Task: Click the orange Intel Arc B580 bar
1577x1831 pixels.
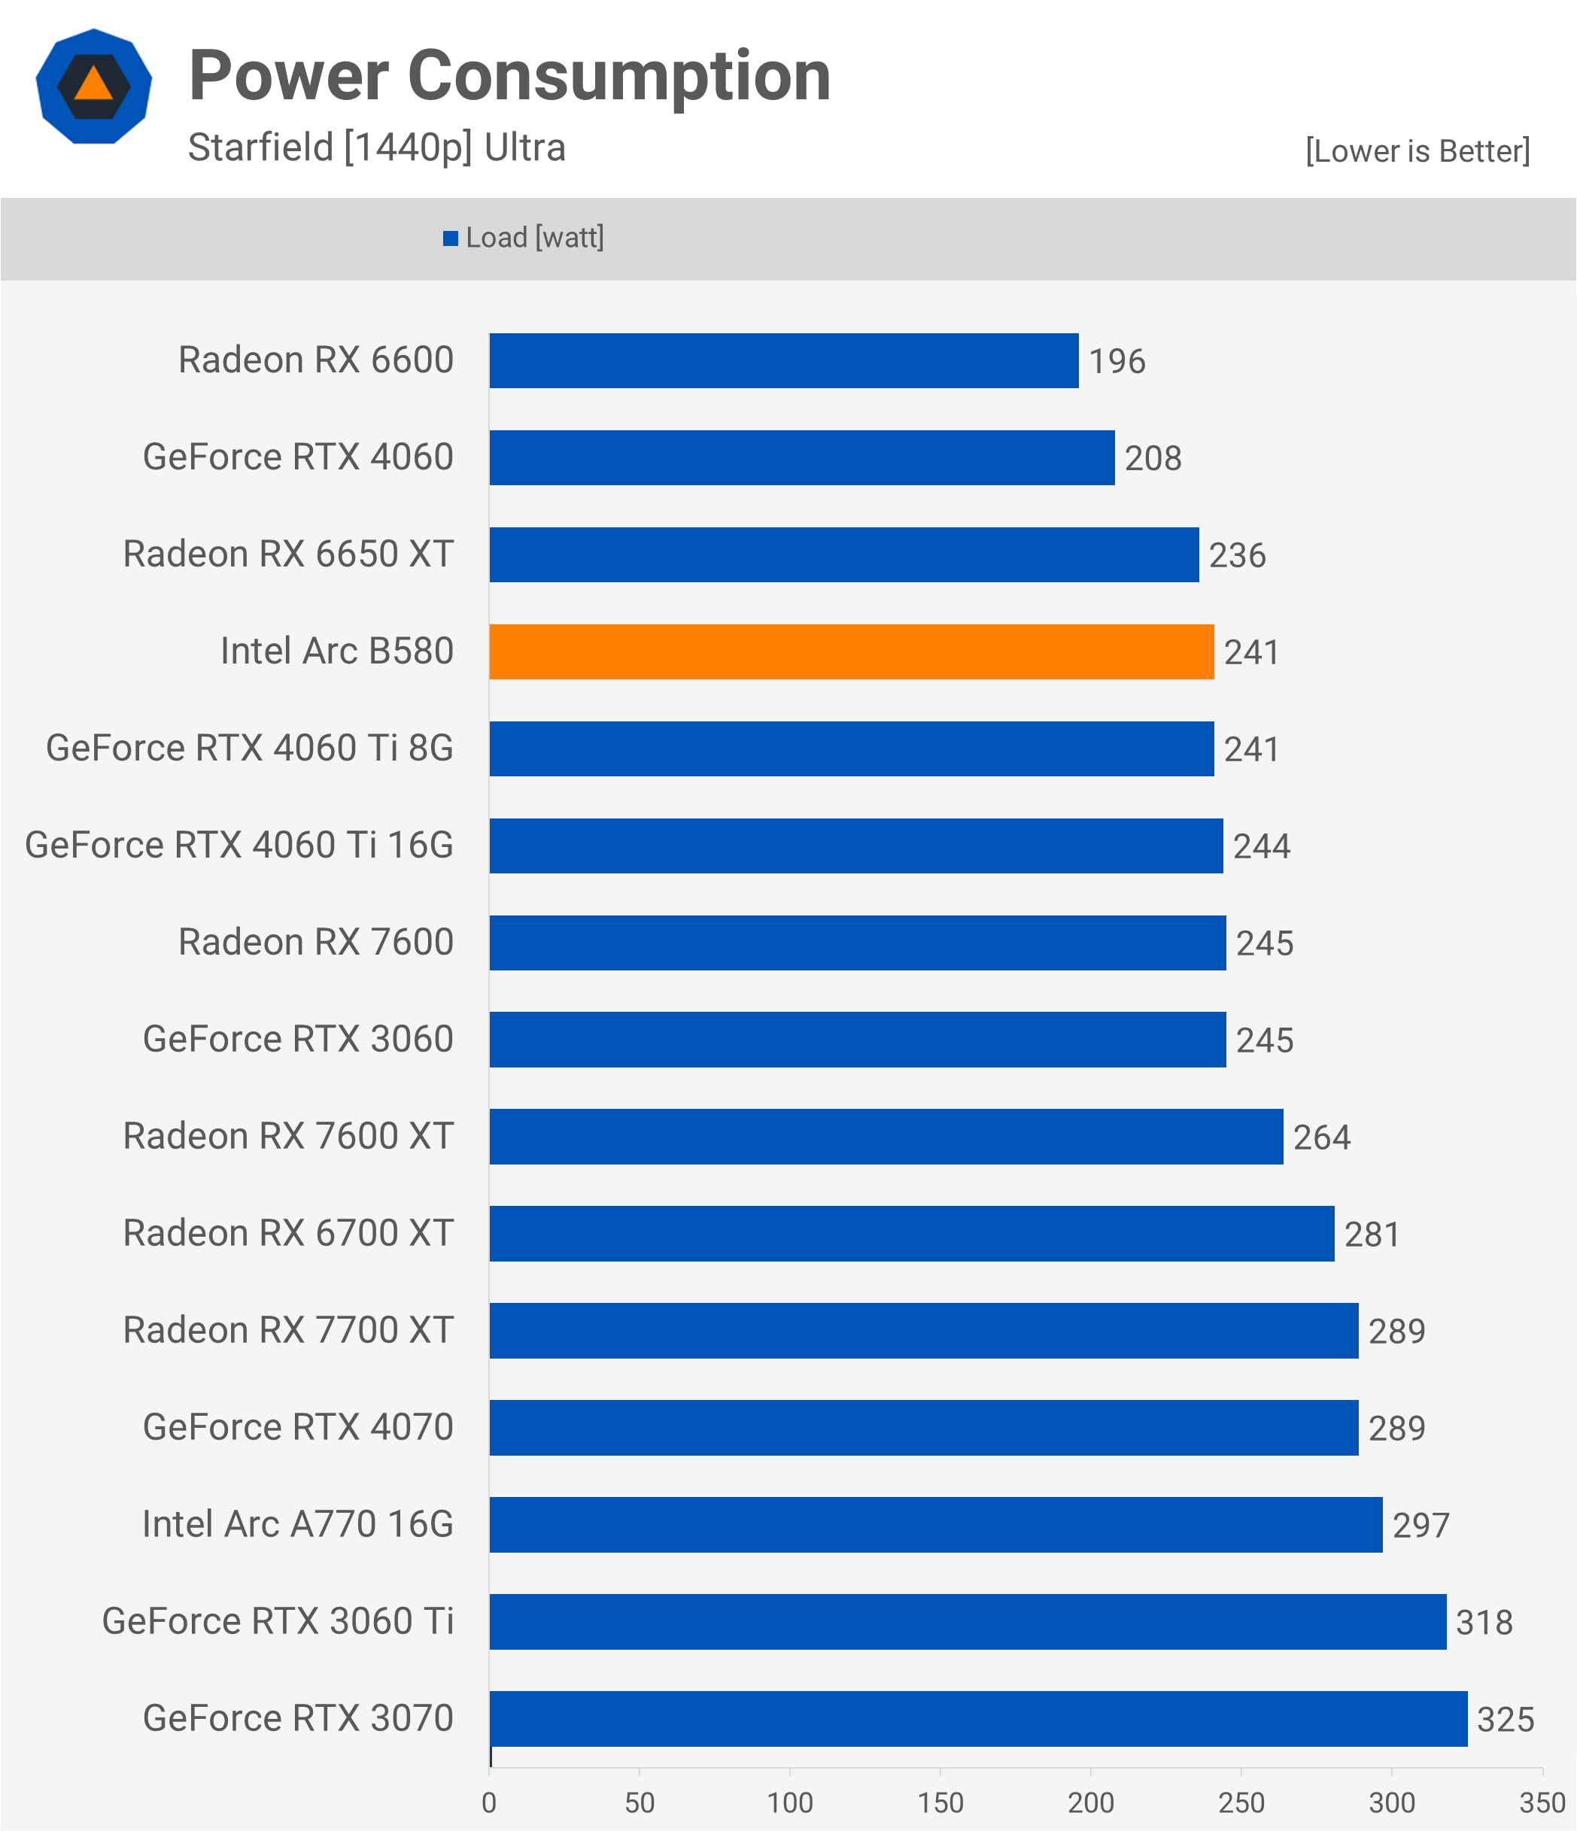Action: [x=851, y=652]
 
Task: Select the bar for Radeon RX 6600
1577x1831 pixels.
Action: [x=784, y=360]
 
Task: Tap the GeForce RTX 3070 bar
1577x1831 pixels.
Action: [x=979, y=1719]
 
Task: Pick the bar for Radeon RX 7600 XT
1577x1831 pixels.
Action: [x=886, y=1137]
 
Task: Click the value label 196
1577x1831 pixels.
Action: [x=1117, y=361]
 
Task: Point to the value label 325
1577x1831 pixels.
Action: [x=1506, y=1720]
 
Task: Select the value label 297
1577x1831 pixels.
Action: [x=1421, y=1526]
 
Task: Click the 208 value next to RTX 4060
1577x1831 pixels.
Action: [x=1153, y=459]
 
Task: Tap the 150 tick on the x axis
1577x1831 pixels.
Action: [x=940, y=1802]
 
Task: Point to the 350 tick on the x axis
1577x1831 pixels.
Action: [x=1542, y=1802]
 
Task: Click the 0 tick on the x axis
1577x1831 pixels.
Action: [x=489, y=1802]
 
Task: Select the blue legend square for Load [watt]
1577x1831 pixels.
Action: [x=451, y=238]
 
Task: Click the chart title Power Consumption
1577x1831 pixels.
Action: [x=510, y=76]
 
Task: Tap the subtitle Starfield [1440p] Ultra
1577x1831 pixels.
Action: [x=377, y=147]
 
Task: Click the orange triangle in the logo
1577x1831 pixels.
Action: [x=94, y=85]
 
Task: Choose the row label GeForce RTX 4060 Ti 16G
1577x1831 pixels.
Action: [x=239, y=846]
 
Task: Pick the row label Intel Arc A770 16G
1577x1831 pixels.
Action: [x=298, y=1524]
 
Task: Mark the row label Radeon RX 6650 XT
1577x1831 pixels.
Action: [x=288, y=554]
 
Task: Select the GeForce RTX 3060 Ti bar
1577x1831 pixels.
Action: [x=968, y=1622]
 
